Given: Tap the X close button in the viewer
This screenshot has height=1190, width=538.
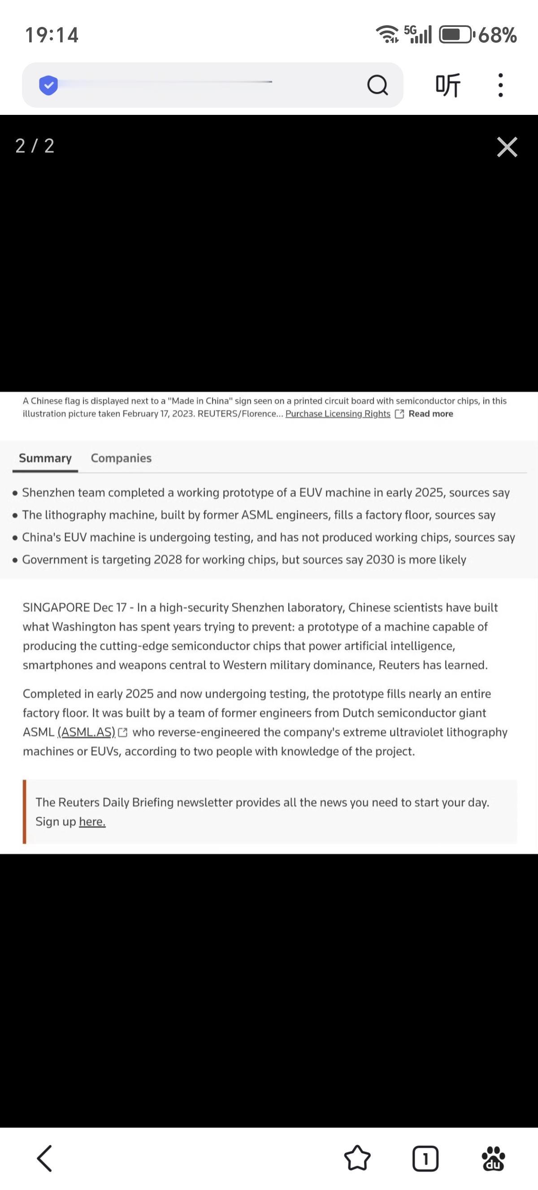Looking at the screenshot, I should pos(507,147).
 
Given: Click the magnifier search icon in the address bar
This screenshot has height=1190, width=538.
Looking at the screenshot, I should pos(377,85).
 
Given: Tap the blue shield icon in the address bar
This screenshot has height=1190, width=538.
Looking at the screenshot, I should pos(48,85).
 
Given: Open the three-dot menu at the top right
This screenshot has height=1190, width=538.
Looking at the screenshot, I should pos(500,85).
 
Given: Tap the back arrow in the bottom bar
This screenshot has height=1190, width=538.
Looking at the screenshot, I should pos(45,1158).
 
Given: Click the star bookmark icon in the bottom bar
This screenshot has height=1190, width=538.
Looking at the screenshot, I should pos(357,1158).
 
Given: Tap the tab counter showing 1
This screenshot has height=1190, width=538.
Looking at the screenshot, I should pos(425,1158).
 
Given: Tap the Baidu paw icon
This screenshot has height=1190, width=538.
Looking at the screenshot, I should pos(493,1158).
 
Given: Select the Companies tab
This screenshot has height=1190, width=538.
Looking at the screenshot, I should pos(121,458).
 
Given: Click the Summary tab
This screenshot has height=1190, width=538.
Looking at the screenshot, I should pos(45,458).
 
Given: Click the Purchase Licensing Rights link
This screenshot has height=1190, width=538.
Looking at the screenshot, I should pos(338,413).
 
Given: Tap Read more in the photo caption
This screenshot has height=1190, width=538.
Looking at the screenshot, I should pos(430,413).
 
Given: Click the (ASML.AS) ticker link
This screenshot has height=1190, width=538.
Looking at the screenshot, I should pos(87,732).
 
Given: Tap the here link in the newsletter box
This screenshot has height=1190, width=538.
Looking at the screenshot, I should pos(92,821).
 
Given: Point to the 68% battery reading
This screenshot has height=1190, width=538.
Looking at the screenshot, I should pos(497,35).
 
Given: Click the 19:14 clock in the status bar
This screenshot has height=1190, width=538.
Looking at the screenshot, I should pos(52,35).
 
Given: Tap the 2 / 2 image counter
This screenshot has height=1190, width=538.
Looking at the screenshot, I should pos(35,145).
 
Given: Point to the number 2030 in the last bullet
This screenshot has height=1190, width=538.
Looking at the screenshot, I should pos(380,560).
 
